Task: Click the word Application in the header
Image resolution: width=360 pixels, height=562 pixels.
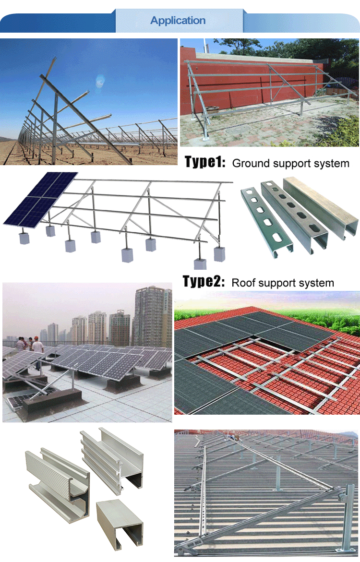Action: point(178,21)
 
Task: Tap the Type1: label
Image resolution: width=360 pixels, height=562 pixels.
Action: point(205,162)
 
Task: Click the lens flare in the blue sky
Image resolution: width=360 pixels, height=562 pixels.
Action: point(100,80)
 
